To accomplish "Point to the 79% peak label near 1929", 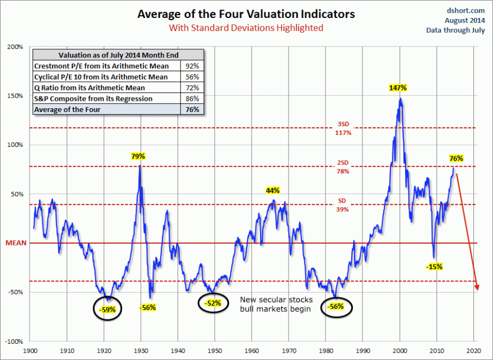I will click(x=138, y=156).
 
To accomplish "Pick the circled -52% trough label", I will click(x=212, y=303).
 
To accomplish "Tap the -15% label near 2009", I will click(x=434, y=267).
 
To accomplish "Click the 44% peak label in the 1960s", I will click(x=272, y=191).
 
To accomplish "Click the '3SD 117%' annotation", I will click(x=343, y=129).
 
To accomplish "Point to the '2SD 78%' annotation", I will click(x=343, y=168).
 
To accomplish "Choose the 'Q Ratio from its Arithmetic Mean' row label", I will click(x=90, y=88).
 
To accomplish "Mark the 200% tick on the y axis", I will click(x=15, y=47).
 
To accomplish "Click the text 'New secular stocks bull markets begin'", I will click(x=275, y=304).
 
